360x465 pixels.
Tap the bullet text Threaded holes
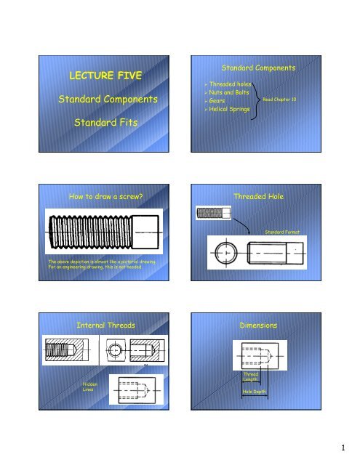[x=228, y=84]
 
